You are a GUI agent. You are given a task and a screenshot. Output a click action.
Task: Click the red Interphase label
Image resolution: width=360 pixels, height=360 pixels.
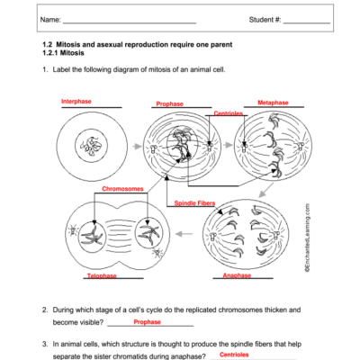click(x=76, y=102)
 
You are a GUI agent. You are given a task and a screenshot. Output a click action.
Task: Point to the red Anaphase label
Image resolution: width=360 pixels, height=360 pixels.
click(x=237, y=274)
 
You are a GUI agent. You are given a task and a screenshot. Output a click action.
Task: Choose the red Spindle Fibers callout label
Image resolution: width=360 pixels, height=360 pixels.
click(x=194, y=203)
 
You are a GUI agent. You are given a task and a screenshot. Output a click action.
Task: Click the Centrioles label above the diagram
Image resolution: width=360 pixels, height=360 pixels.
click(x=229, y=113)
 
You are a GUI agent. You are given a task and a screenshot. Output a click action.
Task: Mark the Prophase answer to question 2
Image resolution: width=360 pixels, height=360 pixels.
click(x=148, y=321)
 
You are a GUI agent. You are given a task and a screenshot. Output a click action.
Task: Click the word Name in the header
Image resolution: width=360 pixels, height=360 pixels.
click(x=51, y=20)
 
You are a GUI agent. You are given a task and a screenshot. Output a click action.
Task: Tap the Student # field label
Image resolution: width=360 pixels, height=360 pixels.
click(x=265, y=20)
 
